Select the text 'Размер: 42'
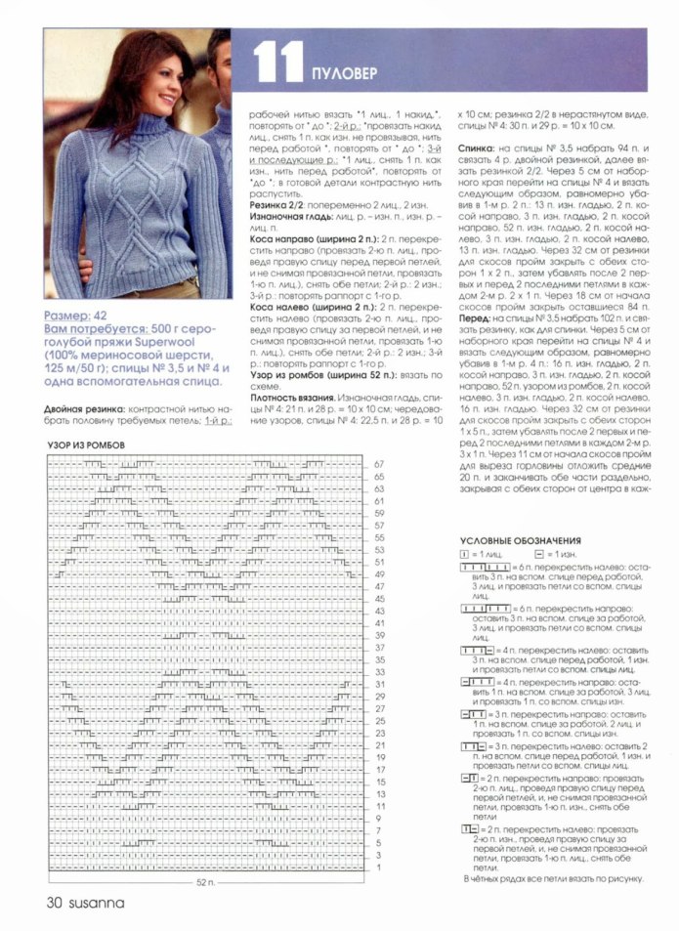click(79, 316)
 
